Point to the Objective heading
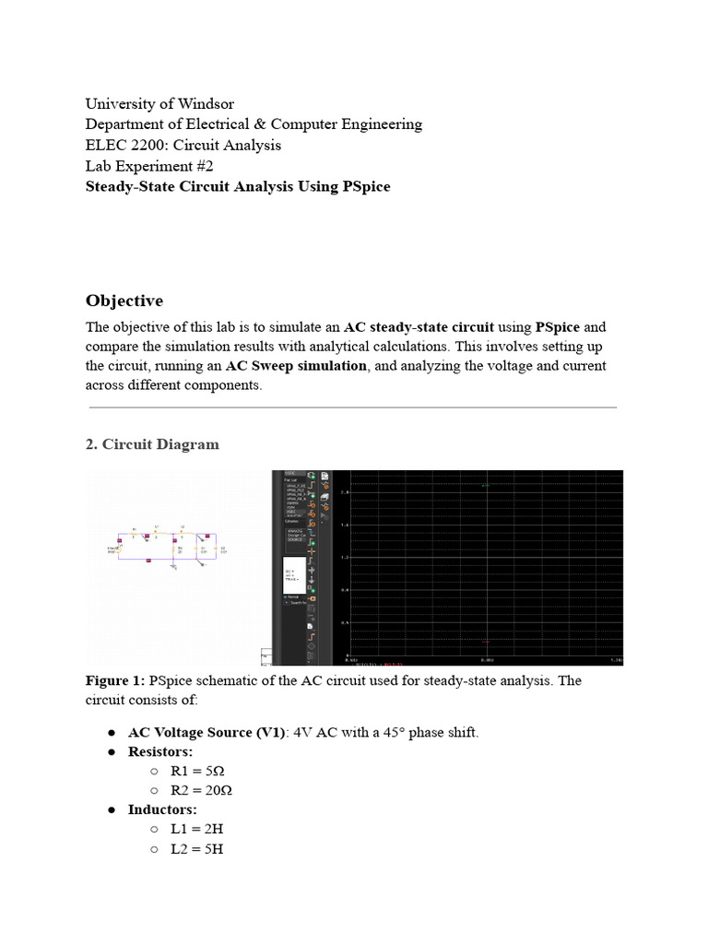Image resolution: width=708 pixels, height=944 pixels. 124,301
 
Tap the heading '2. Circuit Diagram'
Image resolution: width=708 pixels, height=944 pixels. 152,444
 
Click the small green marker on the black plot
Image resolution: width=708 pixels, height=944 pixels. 486,485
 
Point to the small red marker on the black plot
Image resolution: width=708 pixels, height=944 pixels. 486,641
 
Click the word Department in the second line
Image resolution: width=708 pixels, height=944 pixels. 125,124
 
